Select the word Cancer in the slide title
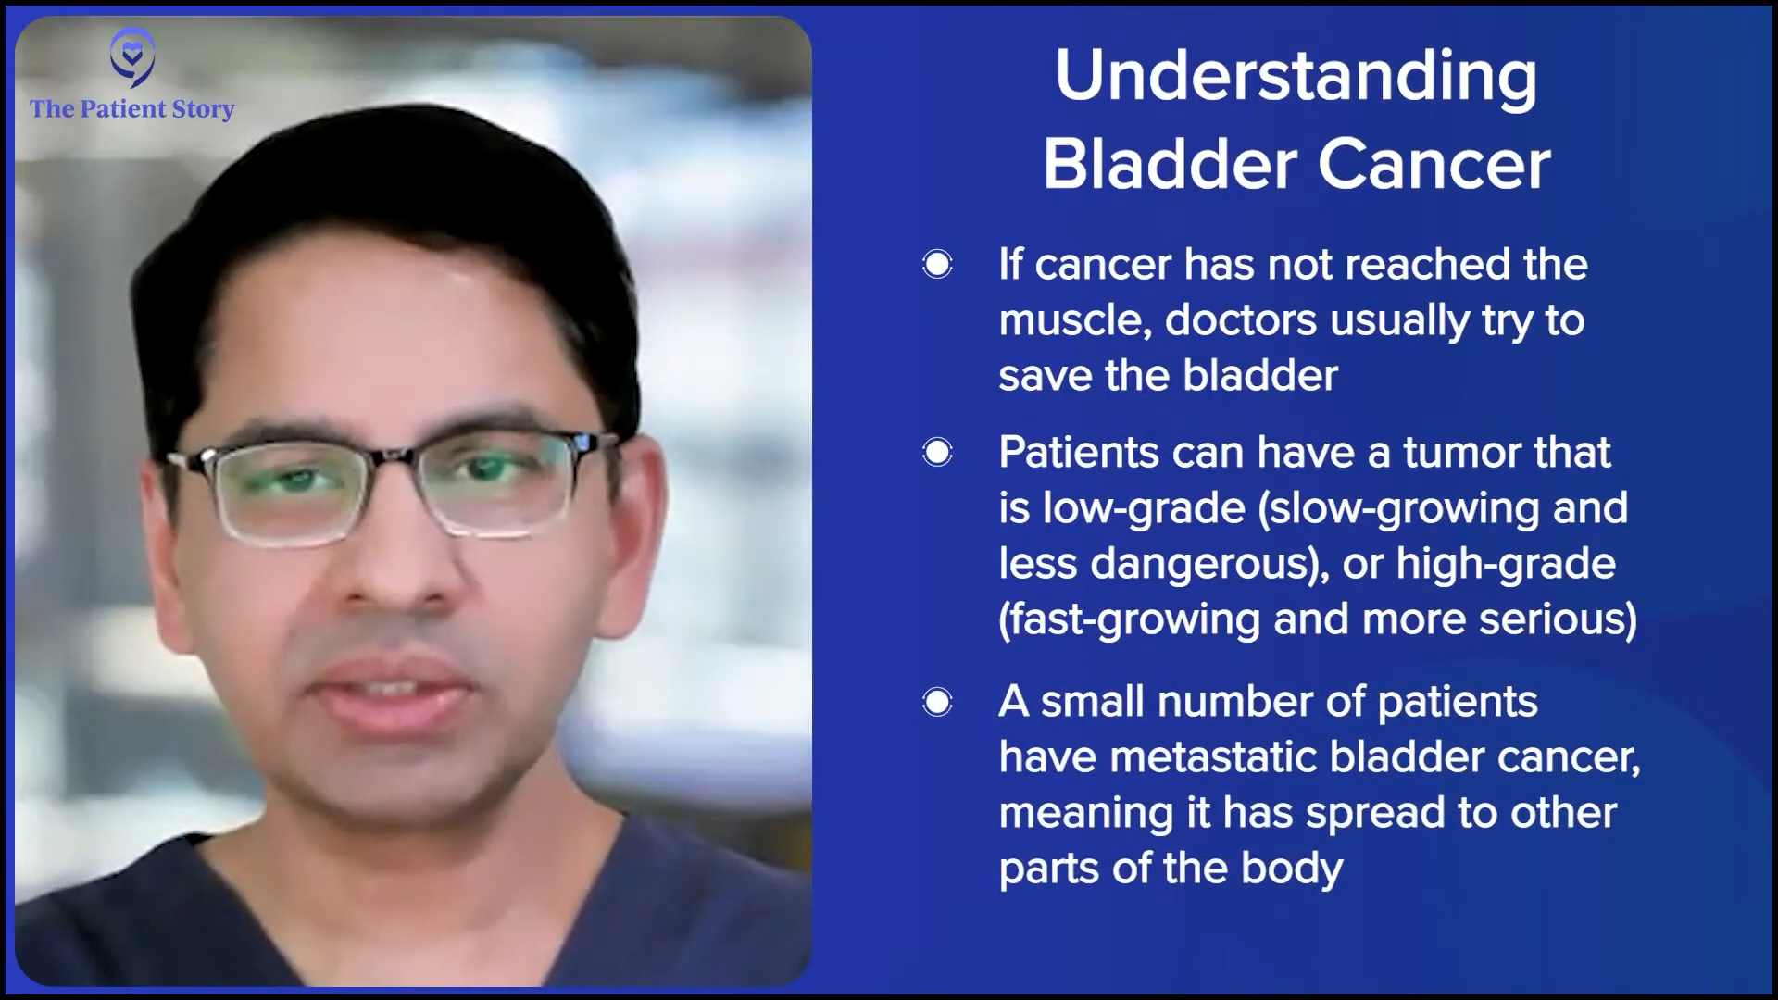1434,164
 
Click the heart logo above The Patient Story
131,56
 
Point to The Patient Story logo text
132,109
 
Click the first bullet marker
937,265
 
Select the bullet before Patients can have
937,452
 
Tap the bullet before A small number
937,702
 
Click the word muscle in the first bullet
1074,320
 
